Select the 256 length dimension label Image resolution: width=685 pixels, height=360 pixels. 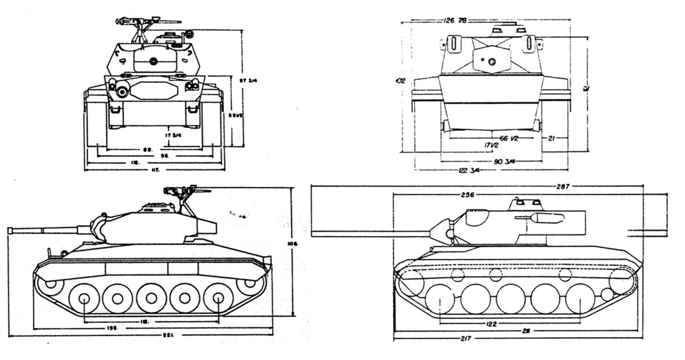[467, 195]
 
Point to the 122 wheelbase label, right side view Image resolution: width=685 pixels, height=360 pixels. [490, 324]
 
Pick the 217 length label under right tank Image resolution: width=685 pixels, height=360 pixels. [465, 339]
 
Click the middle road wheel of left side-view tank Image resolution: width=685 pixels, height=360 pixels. [151, 298]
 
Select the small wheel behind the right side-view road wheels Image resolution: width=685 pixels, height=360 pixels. [607, 294]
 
